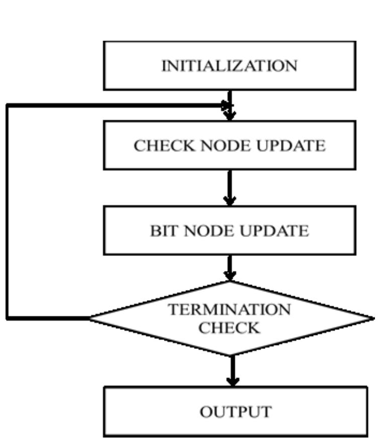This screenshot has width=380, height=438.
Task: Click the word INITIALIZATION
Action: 229,66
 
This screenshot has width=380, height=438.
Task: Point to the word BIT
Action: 164,231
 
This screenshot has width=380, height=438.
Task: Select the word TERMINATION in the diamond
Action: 229,310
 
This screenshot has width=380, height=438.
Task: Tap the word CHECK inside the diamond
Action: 229,328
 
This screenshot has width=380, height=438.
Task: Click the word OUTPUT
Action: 235,412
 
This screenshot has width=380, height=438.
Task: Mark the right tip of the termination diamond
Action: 373,318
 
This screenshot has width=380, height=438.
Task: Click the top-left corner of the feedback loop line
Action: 8,106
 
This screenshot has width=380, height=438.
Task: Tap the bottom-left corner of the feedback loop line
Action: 8,318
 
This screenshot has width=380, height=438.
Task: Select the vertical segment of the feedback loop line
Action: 8,211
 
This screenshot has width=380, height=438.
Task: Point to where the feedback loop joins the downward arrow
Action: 229,106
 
